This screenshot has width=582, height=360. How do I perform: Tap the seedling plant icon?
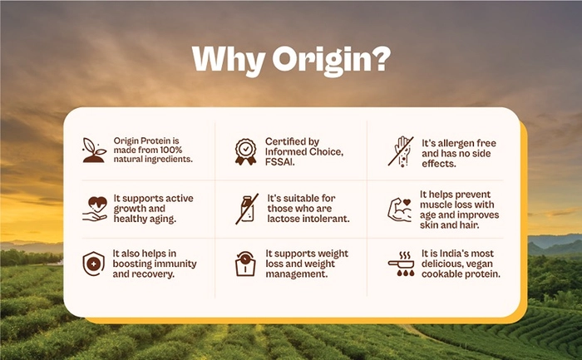[x=94, y=150]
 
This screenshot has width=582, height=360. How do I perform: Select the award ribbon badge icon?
[x=245, y=151]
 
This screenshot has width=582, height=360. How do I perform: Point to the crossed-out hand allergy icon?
[x=401, y=151]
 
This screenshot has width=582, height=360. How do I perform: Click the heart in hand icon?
[x=95, y=209]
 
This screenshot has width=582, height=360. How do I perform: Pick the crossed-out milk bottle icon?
[x=247, y=209]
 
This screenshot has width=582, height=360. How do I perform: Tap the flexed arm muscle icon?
[x=400, y=210]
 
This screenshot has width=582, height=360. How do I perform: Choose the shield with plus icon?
[x=93, y=264]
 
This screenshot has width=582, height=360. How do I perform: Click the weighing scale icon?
[x=245, y=264]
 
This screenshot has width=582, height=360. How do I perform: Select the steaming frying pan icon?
[x=402, y=264]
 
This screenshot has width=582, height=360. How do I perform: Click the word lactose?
[x=284, y=219]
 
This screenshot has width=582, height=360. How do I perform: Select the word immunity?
[x=175, y=264]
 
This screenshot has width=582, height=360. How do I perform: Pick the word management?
[x=297, y=274]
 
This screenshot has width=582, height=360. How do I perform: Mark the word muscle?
[x=436, y=205]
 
